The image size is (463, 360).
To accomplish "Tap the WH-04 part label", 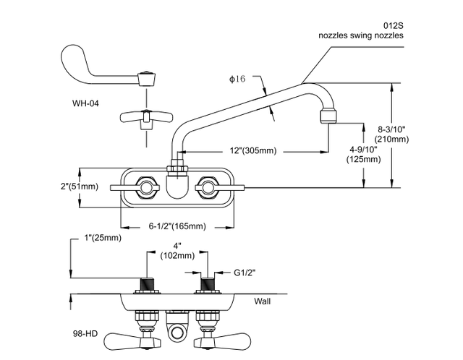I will pos(85,103).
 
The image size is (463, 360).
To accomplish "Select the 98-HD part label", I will pos(85,335).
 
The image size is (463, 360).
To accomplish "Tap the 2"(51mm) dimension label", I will pos(79,187).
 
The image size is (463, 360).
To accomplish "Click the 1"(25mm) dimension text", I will pos(101,238).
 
